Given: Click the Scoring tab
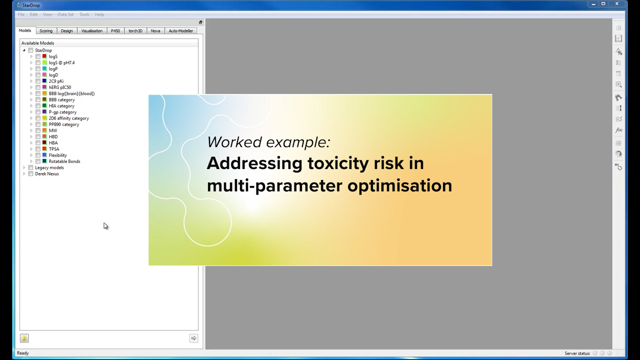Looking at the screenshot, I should click(46, 31).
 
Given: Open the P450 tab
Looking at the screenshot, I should click(115, 31).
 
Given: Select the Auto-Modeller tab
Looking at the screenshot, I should click(180, 31).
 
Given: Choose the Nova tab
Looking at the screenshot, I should click(155, 31).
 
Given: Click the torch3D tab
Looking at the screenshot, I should click(135, 31).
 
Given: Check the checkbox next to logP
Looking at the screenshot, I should click(38, 69).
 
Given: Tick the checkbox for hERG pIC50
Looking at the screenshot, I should click(38, 87).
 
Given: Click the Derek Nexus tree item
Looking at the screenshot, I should click(47, 174).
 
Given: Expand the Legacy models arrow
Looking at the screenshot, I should click(24, 168).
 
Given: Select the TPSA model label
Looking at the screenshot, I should click(54, 149).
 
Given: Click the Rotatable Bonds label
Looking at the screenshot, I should click(64, 161).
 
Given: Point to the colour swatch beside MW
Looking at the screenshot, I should click(44, 130).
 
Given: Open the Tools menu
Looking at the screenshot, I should click(84, 14).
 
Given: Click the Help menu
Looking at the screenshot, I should click(99, 14).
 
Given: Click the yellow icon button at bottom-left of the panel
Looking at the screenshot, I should click(24, 338).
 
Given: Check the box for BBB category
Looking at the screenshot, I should click(38, 100).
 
